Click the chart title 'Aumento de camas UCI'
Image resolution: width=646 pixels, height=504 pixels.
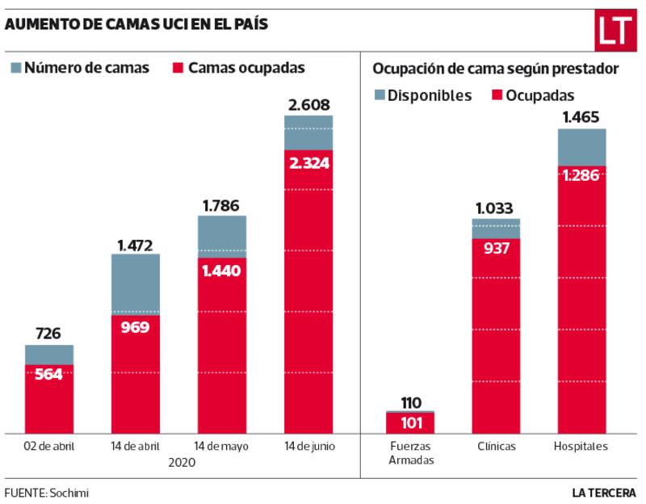[136, 24]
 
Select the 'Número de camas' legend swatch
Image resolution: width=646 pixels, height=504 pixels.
[15, 69]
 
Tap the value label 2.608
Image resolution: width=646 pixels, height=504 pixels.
[308, 104]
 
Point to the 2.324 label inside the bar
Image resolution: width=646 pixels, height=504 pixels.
[308, 162]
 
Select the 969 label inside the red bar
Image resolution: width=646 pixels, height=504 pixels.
[136, 327]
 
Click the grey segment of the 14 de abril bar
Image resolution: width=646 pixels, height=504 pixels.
[136, 283]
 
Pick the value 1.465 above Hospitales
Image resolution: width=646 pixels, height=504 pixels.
[581, 118]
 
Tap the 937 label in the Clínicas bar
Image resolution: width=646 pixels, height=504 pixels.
[497, 249]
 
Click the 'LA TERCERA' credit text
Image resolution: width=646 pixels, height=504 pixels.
[604, 492]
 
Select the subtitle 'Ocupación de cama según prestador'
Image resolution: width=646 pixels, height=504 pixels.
[496, 69]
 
